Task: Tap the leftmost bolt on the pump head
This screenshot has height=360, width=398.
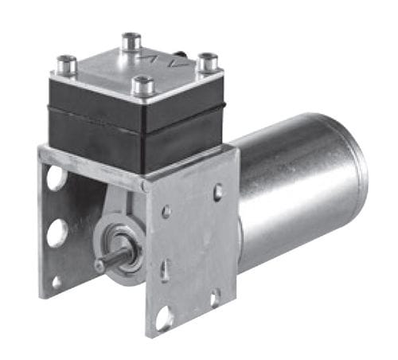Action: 67,65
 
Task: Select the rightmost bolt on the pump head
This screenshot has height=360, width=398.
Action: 208,61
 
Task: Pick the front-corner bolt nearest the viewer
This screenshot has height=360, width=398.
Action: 143,84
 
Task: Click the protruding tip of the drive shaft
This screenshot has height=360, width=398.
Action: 100,265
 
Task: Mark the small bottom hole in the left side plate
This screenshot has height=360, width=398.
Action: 57,281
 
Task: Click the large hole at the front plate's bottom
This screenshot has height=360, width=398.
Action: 165,318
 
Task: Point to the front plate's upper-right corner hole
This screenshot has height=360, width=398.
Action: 218,191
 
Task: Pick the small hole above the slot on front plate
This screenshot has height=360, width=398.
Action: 166,212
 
